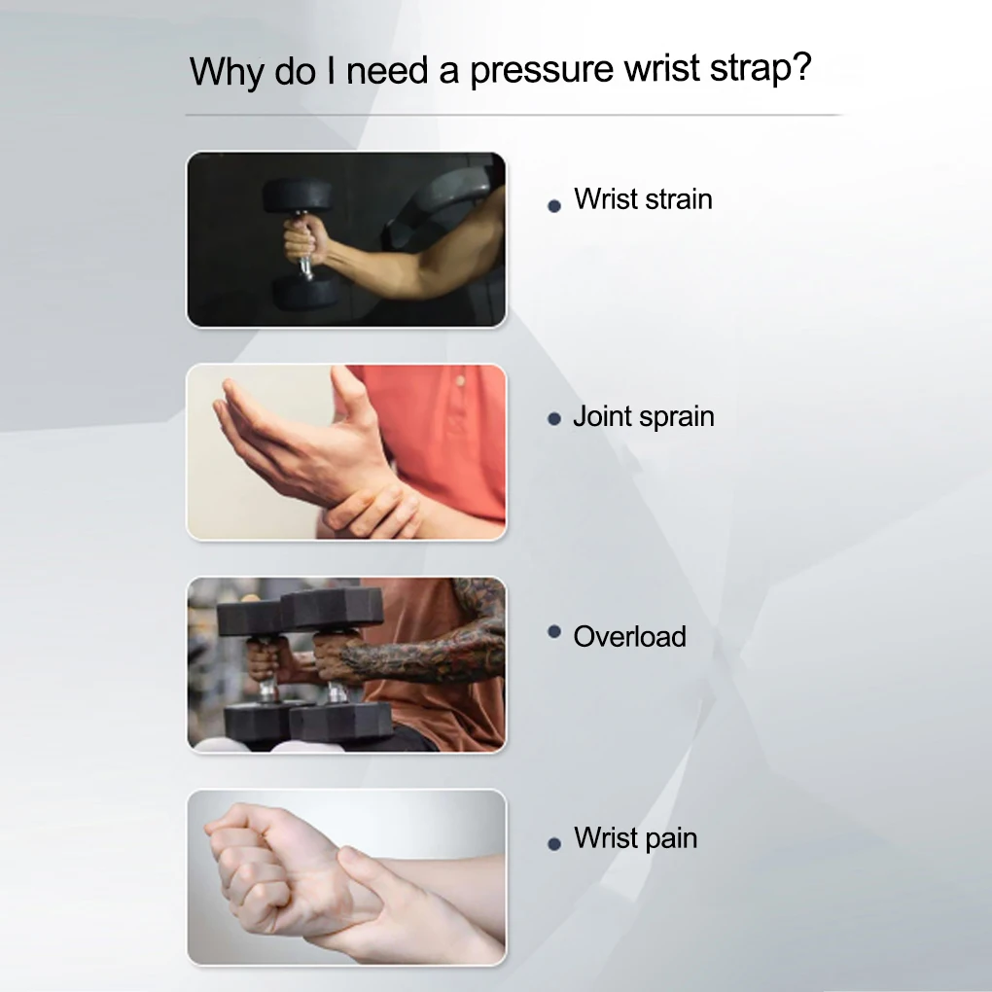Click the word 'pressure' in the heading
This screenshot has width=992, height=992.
coord(542,71)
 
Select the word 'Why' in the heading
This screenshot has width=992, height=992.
coord(227,72)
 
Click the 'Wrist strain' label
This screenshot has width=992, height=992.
coord(643,199)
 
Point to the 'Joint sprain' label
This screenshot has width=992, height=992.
coord(644,417)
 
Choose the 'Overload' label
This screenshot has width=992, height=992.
coord(629,636)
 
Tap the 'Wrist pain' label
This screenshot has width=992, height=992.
coord(635,839)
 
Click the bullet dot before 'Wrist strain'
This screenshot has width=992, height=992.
coord(554,205)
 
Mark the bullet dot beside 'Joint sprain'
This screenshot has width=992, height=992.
coord(554,419)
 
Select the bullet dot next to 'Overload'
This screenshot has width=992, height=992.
coord(554,631)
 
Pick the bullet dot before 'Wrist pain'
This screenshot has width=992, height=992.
coord(554,843)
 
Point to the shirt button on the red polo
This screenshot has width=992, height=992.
coord(460,381)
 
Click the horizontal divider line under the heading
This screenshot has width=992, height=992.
coord(514,115)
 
